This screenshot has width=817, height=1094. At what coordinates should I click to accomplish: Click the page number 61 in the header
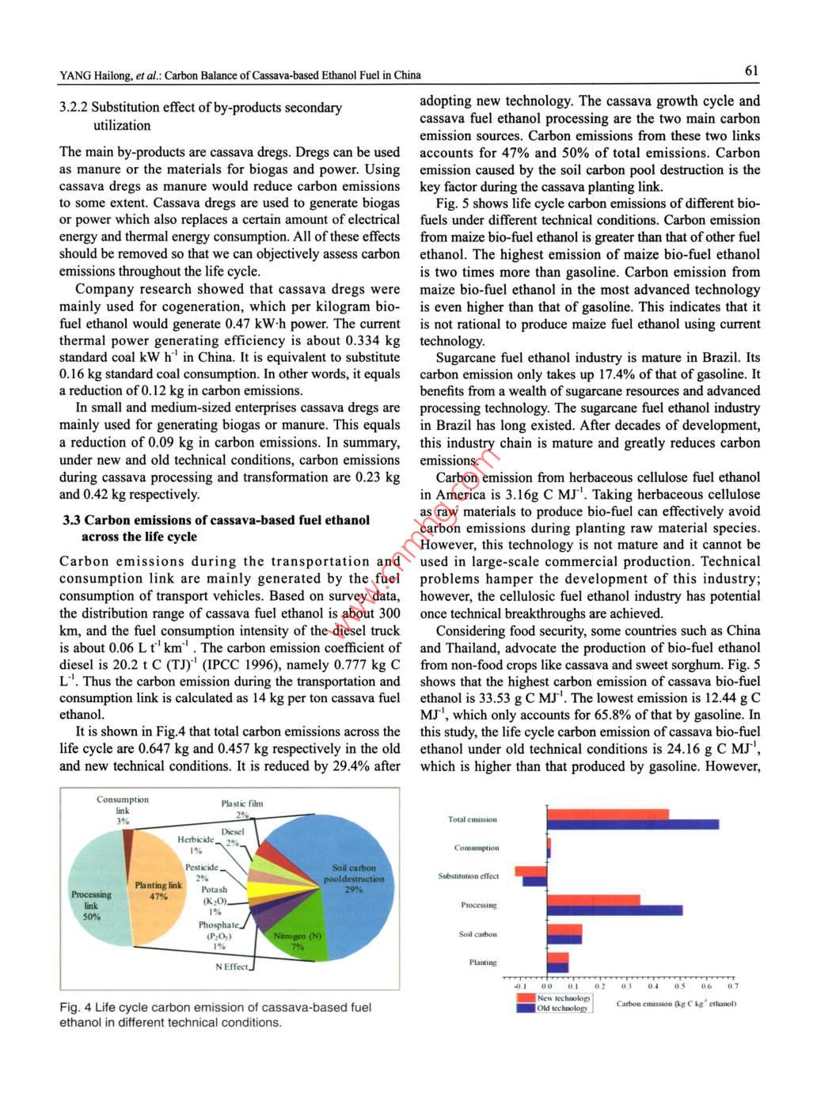click(751, 71)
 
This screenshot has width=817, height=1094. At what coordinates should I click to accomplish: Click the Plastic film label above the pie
click(242, 803)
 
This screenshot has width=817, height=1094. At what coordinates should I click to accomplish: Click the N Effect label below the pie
click(231, 967)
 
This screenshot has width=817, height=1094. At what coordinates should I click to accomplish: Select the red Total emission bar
click(607, 814)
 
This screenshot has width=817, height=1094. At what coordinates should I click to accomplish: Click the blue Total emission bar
click(633, 824)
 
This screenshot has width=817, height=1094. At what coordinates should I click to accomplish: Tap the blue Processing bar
click(614, 910)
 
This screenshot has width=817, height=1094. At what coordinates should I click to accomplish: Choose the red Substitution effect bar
click(530, 872)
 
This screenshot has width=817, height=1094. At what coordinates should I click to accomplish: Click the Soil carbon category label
click(478, 934)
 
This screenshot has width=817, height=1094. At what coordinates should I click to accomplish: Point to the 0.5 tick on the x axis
click(680, 987)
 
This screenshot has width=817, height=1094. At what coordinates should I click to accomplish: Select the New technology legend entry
click(554, 998)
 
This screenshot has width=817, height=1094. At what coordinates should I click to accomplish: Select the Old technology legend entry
click(554, 1009)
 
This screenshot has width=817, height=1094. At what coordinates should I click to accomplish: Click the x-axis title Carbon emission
click(676, 1004)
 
